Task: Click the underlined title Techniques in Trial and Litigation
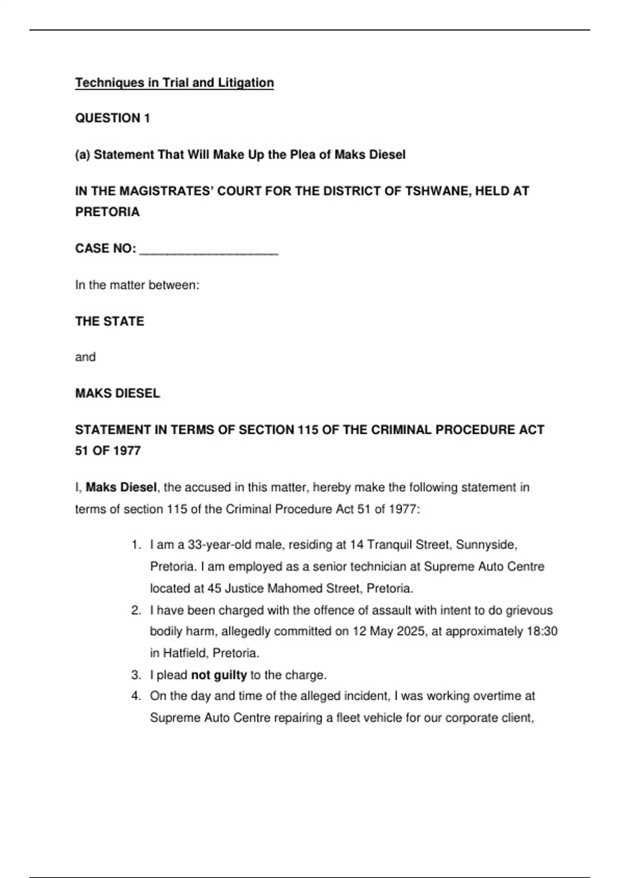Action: pos(174,83)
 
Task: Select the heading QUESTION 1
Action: pos(112,118)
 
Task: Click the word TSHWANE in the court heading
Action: pos(437,191)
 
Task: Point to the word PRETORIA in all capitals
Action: pos(107,212)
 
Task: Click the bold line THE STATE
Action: pos(110,321)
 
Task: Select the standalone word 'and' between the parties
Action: pos(85,357)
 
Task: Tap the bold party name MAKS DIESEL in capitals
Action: pos(117,394)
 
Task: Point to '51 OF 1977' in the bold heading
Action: pos(107,451)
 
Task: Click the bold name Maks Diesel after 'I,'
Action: pos(121,487)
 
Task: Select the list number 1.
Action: pos(135,545)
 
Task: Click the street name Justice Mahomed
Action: pos(273,588)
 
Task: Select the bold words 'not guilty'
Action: pos(219,675)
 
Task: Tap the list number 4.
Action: pos(135,696)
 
